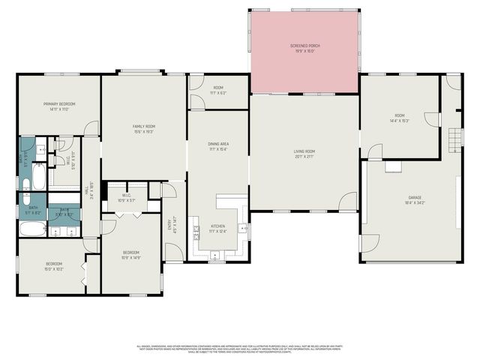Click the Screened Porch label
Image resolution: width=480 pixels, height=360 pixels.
[x=304, y=46]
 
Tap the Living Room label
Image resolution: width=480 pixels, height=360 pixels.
[x=304, y=151]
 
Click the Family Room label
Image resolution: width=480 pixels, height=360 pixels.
[x=143, y=127]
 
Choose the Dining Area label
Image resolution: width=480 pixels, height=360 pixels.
[x=218, y=143]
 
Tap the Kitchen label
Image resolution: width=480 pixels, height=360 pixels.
[x=217, y=226]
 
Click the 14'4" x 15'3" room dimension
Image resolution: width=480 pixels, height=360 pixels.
[x=398, y=121]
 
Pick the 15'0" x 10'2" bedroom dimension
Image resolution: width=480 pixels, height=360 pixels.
[x=54, y=268]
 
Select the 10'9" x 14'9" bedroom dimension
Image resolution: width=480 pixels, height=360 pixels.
[x=131, y=259]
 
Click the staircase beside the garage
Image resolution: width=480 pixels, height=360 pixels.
[x=452, y=139]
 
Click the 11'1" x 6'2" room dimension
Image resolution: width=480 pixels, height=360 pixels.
[x=218, y=93]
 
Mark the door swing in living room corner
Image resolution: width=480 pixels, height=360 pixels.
[x=347, y=201]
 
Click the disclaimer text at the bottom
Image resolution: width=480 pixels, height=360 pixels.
[x=240, y=349]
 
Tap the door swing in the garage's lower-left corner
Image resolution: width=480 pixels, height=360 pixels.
[x=370, y=244]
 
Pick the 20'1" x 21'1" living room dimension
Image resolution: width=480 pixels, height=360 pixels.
[x=304, y=157]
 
